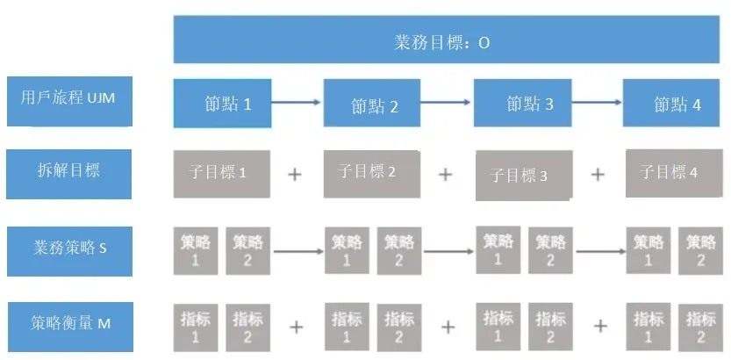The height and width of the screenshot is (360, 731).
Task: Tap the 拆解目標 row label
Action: coord(69,173)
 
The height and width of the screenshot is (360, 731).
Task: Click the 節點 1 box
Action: coord(222,103)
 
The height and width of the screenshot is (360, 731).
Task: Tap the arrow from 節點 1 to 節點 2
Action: coord(297,103)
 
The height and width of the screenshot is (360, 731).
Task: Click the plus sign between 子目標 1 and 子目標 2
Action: coord(296,174)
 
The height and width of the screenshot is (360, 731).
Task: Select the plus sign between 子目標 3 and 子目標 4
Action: coord(598,174)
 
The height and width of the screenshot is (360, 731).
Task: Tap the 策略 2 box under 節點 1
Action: coord(247,250)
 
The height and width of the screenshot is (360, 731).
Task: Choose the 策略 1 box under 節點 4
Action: coord(649,250)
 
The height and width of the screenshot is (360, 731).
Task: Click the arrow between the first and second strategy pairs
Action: coord(298,250)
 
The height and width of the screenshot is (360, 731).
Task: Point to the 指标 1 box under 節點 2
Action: coord(346,326)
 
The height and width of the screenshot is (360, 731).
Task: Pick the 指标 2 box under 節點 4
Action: coord(699,326)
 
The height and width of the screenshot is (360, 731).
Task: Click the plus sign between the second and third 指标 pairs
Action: coord(448,327)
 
